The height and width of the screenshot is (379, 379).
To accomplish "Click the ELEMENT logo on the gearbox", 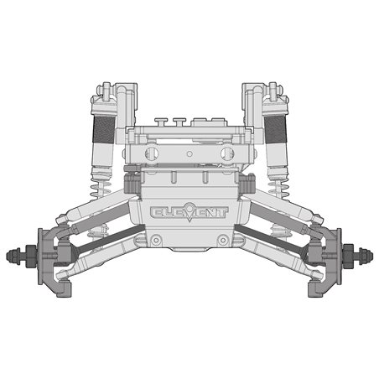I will pos(189,215).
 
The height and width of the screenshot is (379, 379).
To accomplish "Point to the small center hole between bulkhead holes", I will pos(189,153).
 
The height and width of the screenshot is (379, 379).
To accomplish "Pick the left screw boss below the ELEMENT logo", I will pos(156,241).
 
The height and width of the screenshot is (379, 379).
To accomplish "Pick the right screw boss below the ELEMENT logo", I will pos(222,241).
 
